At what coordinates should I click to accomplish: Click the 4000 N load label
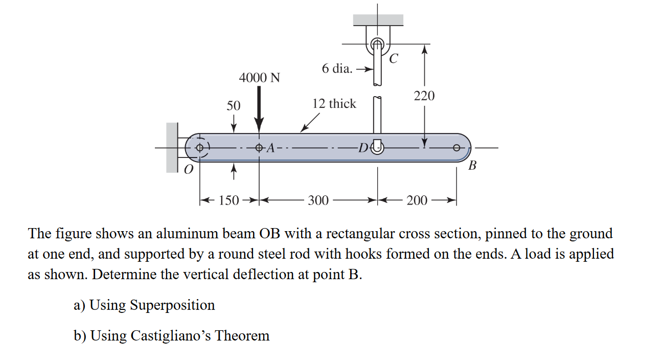(260, 78)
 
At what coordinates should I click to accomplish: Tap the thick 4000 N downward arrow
(260, 110)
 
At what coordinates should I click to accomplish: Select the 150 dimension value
(228, 200)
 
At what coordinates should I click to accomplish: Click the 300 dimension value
(318, 200)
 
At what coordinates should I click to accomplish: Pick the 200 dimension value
(417, 200)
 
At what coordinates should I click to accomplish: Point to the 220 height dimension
(424, 96)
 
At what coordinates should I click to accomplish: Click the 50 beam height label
(233, 106)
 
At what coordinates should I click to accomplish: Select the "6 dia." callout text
(337, 69)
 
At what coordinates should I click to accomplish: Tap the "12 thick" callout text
(334, 104)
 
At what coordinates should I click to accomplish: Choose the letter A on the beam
(271, 148)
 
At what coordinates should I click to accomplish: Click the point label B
(472, 166)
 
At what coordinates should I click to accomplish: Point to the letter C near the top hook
(393, 59)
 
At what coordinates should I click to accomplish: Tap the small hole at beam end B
(456, 148)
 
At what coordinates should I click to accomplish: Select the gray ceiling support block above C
(378, 20)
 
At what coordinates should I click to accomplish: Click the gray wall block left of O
(172, 147)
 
